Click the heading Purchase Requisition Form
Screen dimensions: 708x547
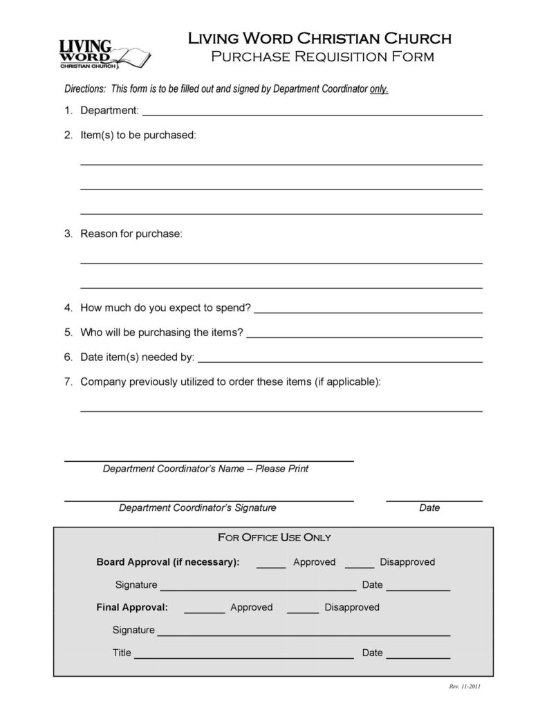click(x=322, y=56)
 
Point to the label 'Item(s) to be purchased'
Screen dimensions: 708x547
click(x=138, y=136)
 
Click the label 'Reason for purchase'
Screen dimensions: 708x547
click(x=131, y=234)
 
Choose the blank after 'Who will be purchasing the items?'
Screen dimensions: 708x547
click(x=364, y=336)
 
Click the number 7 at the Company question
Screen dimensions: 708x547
click(x=68, y=382)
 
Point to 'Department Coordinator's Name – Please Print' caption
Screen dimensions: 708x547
click(x=205, y=469)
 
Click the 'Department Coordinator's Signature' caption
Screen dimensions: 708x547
click(x=198, y=508)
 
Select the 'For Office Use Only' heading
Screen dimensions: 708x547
click(x=275, y=537)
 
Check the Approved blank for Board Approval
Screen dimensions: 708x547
click(x=271, y=566)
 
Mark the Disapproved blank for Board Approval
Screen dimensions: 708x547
click(x=360, y=566)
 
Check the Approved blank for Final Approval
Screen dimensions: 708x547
click(x=205, y=611)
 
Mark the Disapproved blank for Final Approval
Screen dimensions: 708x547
click(x=303, y=611)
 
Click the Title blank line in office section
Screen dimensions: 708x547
click(x=244, y=657)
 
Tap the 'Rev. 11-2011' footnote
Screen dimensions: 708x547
click(x=465, y=687)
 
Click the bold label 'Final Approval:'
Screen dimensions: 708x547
click(x=132, y=608)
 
